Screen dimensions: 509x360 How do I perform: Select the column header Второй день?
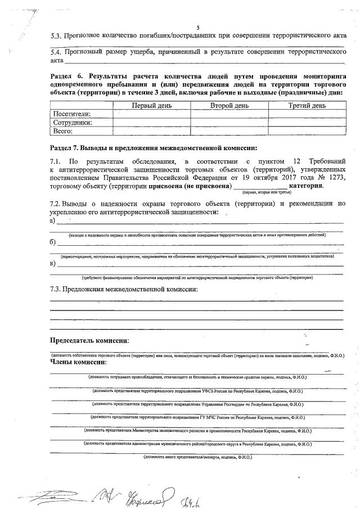(x=229, y=105)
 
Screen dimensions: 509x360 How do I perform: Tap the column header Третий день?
(x=307, y=105)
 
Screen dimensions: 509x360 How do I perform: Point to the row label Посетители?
(x=71, y=114)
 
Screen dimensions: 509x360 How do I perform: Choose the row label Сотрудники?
(x=73, y=123)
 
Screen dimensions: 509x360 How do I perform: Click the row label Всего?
(x=63, y=131)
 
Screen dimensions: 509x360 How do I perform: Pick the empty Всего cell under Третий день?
(x=307, y=131)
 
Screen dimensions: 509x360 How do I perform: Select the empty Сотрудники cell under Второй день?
(x=229, y=123)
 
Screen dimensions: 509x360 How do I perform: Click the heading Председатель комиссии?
(x=89, y=341)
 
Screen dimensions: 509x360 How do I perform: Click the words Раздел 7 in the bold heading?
(x=67, y=148)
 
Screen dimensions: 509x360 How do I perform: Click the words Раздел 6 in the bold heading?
(x=67, y=75)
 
